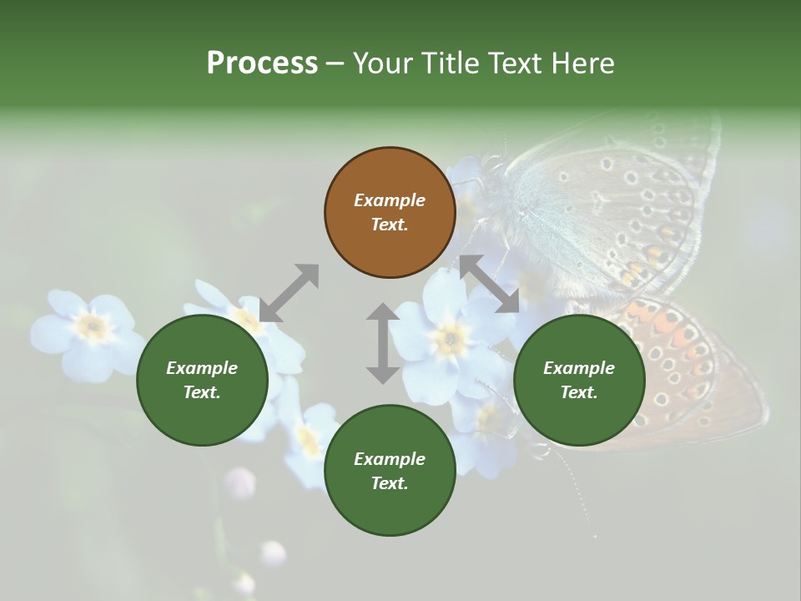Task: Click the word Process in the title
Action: pyautogui.click(x=262, y=63)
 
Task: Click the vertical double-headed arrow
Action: pyautogui.click(x=383, y=343)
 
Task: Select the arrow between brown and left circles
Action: pyautogui.click(x=289, y=292)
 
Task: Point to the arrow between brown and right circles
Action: pyautogui.click(x=490, y=284)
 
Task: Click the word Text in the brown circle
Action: pyautogui.click(x=390, y=225)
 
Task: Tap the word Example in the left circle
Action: pyautogui.click(x=202, y=368)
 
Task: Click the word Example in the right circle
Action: pyautogui.click(x=579, y=368)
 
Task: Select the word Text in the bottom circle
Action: pyautogui.click(x=390, y=483)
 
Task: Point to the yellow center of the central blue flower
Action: pyautogui.click(x=451, y=338)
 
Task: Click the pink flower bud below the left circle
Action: pyautogui.click(x=241, y=482)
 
